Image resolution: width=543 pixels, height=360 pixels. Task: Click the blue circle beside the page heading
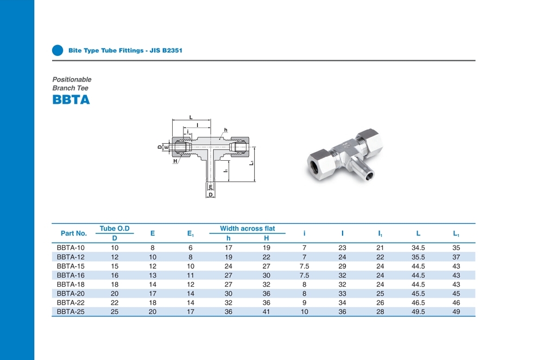click(58, 50)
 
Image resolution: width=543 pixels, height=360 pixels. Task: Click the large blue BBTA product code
click(71, 100)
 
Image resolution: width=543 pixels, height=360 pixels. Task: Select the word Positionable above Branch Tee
click(72, 79)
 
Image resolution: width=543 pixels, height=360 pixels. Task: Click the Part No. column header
click(74, 233)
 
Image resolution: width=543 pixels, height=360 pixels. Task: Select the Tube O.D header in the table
click(115, 229)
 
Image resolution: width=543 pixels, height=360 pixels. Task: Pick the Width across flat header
click(247, 229)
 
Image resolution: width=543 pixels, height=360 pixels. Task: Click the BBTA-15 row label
click(71, 266)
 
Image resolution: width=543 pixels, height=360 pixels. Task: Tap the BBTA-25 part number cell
click(71, 312)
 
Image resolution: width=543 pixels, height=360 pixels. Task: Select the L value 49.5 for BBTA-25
click(418, 312)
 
